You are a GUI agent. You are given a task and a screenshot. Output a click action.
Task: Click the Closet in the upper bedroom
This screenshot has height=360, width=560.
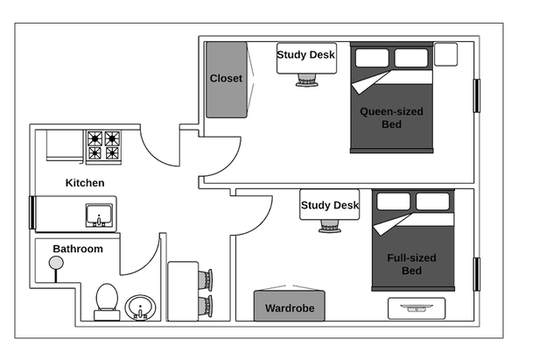226,78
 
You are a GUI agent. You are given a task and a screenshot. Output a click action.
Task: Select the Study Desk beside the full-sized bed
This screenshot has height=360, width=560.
329,206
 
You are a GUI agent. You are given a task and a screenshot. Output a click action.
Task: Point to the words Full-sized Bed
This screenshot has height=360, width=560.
410,264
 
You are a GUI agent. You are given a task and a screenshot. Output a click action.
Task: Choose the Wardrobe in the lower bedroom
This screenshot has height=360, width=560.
288,308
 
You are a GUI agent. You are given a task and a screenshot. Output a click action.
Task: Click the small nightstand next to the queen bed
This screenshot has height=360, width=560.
445,54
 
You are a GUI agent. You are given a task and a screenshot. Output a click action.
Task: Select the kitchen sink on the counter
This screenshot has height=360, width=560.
97,215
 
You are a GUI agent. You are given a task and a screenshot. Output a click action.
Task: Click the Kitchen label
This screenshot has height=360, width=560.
85,183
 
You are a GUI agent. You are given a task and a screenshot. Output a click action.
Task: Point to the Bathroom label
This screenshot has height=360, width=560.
78,248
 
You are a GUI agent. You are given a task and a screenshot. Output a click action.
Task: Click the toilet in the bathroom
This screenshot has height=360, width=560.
105,301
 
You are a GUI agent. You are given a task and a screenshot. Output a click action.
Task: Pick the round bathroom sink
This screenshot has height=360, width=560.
140,307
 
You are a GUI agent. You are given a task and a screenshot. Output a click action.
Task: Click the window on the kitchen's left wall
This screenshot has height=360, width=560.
33,213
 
